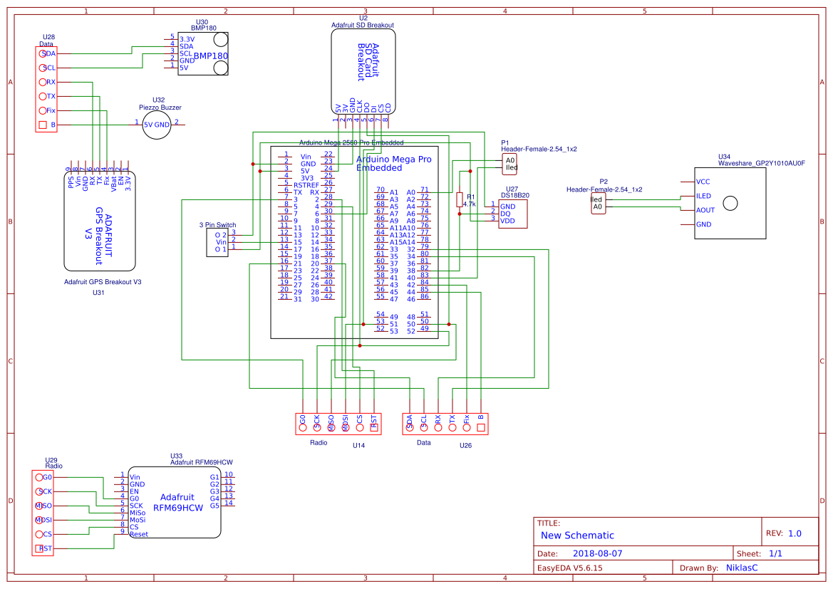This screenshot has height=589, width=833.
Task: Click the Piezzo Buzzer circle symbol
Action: (157, 125)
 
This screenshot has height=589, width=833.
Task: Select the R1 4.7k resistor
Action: (460, 199)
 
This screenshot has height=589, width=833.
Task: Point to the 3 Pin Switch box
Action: (217, 242)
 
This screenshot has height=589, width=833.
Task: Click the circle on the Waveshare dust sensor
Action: (730, 204)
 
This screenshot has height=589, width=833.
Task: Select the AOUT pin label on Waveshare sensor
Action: (705, 210)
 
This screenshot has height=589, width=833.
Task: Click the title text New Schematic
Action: (577, 536)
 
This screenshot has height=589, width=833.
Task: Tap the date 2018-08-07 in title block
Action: (597, 553)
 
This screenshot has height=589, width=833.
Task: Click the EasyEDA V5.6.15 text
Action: (570, 568)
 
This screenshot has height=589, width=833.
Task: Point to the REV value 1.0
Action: (795, 533)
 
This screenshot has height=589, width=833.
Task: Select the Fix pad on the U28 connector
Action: (43, 110)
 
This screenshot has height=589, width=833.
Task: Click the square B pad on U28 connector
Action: (43, 125)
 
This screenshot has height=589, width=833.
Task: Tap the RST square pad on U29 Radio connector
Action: (38, 548)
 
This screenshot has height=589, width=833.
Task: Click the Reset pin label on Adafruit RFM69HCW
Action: (139, 533)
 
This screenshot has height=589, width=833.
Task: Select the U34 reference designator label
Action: (724, 156)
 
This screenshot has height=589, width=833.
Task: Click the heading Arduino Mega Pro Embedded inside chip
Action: (393, 163)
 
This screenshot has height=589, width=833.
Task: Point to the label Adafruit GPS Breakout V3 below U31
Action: (103, 282)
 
